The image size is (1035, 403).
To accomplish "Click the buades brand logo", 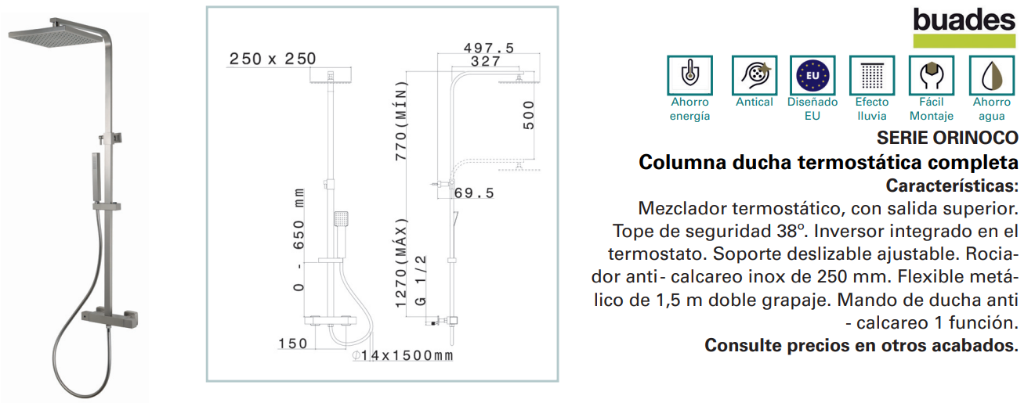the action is [964, 27].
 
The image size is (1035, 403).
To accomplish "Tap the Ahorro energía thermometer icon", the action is [689, 75].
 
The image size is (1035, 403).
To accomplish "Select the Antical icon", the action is [754, 75].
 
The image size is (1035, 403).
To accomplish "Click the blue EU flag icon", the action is [812, 75].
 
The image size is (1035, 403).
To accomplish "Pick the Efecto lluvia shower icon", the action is [872, 75].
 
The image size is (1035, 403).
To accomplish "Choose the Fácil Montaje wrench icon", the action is [931, 75].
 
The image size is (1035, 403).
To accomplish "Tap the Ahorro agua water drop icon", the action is [992, 75].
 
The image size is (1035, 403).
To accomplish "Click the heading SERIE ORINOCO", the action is [947, 138].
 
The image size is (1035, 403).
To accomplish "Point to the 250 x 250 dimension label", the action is [273, 59].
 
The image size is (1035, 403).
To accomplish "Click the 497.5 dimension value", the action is [489, 48].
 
